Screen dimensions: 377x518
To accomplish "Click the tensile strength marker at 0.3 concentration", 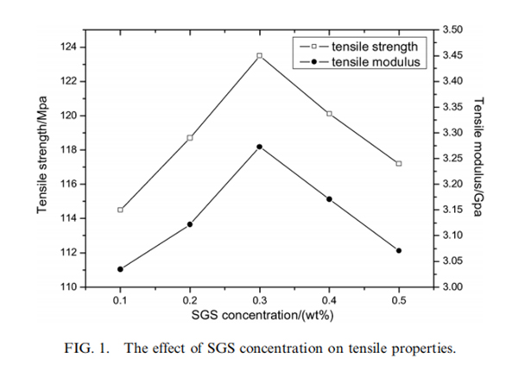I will (259, 55).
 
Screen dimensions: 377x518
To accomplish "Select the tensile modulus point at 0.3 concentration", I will (259, 147).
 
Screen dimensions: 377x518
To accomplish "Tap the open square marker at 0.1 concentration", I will (120, 210).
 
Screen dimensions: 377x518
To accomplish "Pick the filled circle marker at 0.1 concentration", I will (120, 269).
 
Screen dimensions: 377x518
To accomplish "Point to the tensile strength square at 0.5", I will (399, 163).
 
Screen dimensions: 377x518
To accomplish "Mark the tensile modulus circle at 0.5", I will (399, 250).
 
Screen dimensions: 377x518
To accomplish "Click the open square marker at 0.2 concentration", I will (190, 137).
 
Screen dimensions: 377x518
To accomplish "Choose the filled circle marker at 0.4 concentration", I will (329, 199).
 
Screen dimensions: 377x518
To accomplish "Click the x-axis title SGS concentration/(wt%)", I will (260, 316).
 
